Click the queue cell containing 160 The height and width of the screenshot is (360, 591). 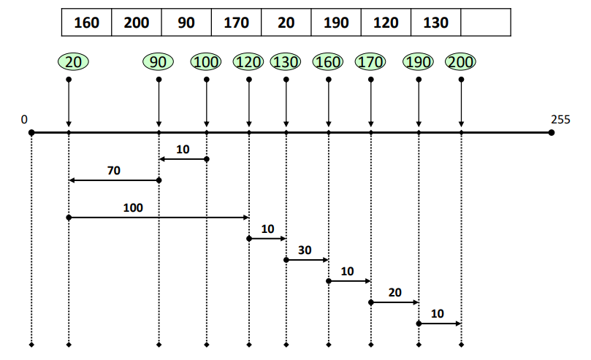click(87, 23)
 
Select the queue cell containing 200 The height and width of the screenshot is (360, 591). click(137, 23)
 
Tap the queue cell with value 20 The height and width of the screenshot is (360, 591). click(286, 23)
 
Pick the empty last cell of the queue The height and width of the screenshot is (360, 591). click(486, 23)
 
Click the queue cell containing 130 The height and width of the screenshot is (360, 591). click(436, 23)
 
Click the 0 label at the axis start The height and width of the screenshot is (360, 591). click(24, 119)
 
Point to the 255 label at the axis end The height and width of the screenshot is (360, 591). click(560, 119)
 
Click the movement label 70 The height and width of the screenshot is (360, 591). click(113, 171)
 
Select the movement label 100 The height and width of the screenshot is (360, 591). click(133, 208)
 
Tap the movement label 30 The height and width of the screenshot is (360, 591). click(305, 250)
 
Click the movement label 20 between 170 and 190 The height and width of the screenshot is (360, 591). click(394, 292)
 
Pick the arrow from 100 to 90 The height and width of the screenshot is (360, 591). click(183, 159)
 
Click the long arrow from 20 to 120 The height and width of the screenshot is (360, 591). click(159, 218)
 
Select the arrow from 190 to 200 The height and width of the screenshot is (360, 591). click(439, 323)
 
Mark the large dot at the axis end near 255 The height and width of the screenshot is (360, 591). click(552, 133)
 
